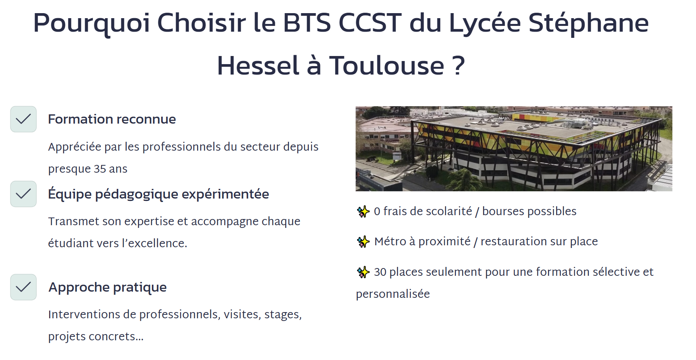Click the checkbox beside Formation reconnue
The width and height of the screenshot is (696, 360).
coord(24,119)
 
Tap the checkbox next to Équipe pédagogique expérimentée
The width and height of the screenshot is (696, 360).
coord(24,194)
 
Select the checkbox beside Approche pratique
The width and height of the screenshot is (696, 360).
coord(24,287)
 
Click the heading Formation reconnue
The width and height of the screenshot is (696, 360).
coord(112,119)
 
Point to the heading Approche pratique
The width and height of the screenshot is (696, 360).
coord(107,288)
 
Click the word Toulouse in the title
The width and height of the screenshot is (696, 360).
coord(386,65)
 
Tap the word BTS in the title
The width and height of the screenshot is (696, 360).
coord(307,23)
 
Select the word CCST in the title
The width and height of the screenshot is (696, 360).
coord(370,23)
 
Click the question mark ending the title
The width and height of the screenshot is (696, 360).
coord(458,65)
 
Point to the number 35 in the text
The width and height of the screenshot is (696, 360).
coord(100,169)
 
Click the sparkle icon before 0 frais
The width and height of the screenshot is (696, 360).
coord(363,211)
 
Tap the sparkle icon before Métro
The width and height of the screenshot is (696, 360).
coord(363,241)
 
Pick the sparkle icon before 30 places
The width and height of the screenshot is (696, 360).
coord(363,272)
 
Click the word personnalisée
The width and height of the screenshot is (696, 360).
coord(393,294)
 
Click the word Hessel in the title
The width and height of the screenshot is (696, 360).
coord(258,65)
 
